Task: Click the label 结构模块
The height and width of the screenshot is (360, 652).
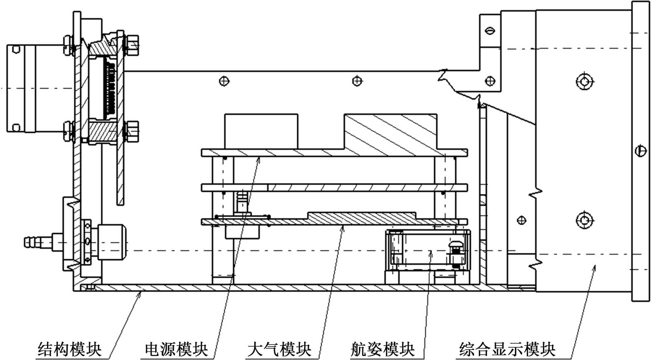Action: coord(69,349)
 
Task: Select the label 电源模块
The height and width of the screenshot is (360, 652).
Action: coord(176,349)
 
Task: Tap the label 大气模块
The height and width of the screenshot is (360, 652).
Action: coord(279,349)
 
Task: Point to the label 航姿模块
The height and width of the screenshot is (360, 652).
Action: coord(382,349)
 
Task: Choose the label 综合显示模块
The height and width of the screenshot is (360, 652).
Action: coord(507,349)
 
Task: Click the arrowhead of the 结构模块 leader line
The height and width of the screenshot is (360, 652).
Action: coord(141,293)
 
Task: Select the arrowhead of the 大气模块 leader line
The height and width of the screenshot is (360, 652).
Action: coord(343,226)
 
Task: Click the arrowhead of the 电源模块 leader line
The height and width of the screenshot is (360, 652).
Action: coord(259,158)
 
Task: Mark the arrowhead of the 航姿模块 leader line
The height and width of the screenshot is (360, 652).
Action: coord(431,252)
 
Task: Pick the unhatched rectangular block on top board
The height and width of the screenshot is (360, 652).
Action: coord(261,131)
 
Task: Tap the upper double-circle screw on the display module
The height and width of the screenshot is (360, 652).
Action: coord(585,81)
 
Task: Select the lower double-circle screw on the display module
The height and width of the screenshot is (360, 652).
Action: coord(585,221)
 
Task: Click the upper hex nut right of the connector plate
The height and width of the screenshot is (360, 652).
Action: coord(132,45)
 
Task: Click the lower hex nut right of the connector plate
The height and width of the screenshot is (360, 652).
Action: coord(132,131)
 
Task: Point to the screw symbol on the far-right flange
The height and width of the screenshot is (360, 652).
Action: coord(641,151)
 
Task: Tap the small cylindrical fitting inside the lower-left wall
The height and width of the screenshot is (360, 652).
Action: coord(110,242)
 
